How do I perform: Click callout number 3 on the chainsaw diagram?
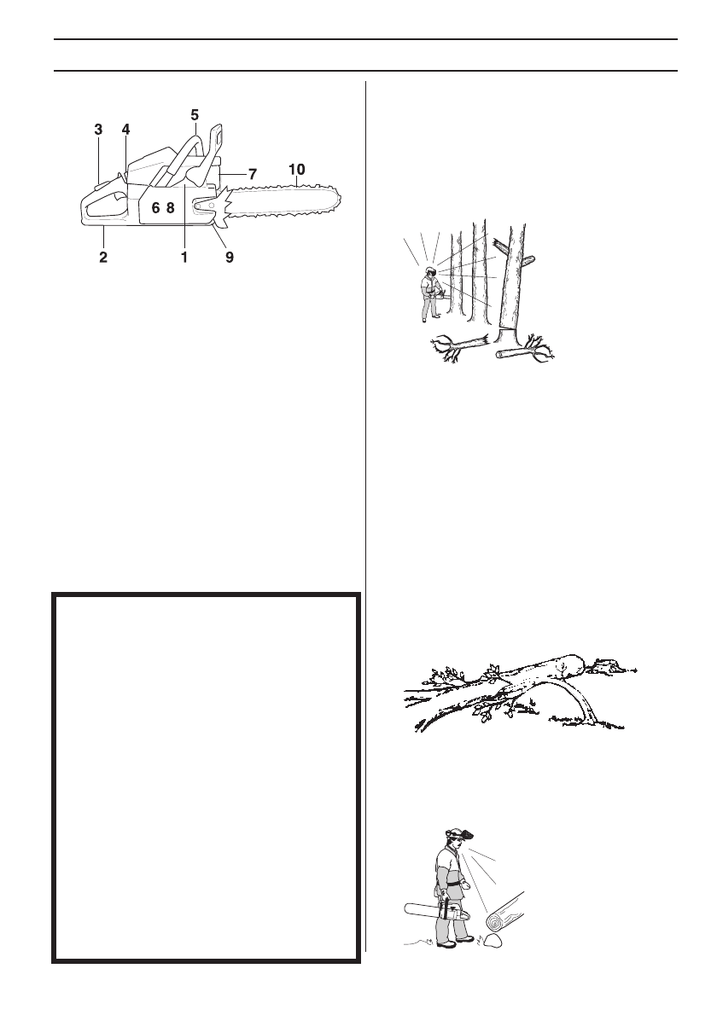point(98,130)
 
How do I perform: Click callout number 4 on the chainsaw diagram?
point(125,130)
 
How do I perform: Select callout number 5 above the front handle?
point(195,113)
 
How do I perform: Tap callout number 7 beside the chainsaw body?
point(253,173)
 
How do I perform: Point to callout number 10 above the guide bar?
point(296,169)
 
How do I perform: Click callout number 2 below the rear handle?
point(103,257)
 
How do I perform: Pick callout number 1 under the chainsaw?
point(184,257)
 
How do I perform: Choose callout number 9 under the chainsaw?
point(228,257)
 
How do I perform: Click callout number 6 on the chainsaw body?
point(155,207)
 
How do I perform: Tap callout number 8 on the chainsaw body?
point(170,207)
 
